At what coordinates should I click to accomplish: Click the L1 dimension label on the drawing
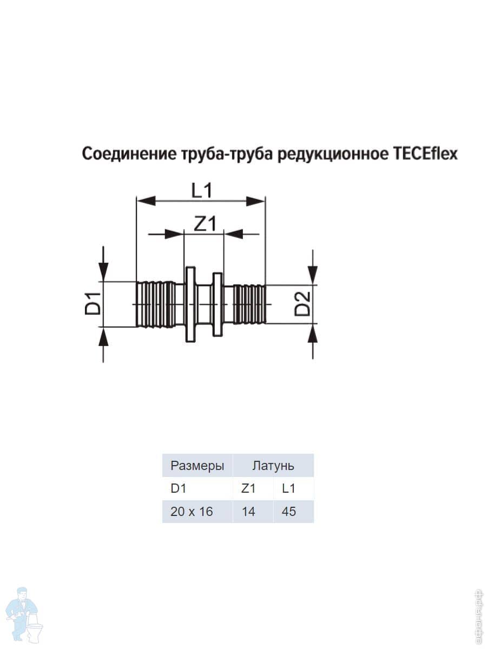click(x=201, y=190)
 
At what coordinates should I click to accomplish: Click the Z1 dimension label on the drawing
click(x=204, y=223)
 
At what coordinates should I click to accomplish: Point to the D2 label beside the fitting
click(x=302, y=303)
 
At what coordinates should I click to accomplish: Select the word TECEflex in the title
click(x=423, y=155)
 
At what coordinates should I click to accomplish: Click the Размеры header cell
click(x=197, y=465)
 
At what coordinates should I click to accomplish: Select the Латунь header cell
click(x=273, y=465)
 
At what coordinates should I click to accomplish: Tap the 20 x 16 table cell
click(x=192, y=511)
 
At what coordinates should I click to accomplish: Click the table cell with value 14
click(x=248, y=511)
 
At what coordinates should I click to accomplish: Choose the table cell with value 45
click(x=289, y=511)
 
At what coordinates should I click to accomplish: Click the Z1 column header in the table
click(x=248, y=488)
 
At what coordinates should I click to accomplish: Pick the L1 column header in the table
click(x=289, y=488)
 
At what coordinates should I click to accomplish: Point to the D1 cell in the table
click(x=178, y=488)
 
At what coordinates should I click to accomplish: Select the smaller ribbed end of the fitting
click(x=249, y=303)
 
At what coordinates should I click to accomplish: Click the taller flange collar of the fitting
click(x=190, y=304)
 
